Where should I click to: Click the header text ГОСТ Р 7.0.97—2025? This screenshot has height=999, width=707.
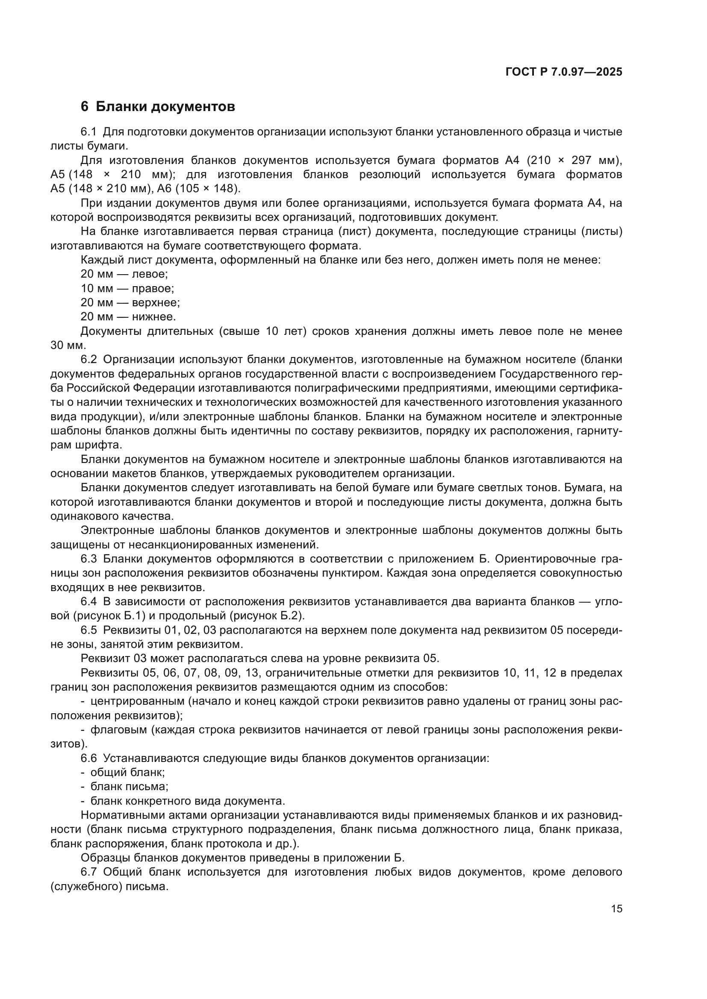tap(564, 72)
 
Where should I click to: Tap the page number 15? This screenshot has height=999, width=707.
tap(616, 908)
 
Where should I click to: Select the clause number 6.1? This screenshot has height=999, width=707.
tap(89, 132)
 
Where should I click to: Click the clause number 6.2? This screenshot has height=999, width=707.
tap(89, 359)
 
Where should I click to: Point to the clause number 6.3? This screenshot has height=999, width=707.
tap(89, 559)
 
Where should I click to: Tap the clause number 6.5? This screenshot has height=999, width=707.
tap(89, 630)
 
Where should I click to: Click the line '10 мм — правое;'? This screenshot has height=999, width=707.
tap(127, 288)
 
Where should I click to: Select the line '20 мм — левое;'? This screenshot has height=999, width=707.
tap(124, 274)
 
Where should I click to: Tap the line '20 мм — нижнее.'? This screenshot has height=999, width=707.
tap(128, 317)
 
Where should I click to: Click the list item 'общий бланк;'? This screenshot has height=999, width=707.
tap(127, 772)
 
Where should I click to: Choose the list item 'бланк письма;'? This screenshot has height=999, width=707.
tap(129, 787)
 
